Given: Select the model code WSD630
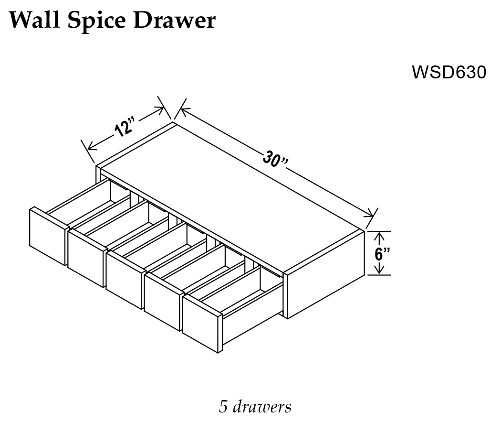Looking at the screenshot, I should pyautogui.click(x=449, y=73).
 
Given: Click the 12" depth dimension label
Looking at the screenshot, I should pyautogui.click(x=123, y=128).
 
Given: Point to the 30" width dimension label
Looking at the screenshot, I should pyautogui.click(x=275, y=160).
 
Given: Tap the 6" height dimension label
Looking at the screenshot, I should pyautogui.click(x=381, y=253).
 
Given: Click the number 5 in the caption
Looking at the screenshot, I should pyautogui.click(x=223, y=407).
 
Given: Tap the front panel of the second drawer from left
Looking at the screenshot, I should pyautogui.click(x=86, y=258).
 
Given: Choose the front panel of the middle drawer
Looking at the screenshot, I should pyautogui.click(x=124, y=280).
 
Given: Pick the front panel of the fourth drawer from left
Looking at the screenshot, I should pyautogui.click(x=162, y=302).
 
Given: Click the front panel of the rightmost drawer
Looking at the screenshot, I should pyautogui.click(x=200, y=325).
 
